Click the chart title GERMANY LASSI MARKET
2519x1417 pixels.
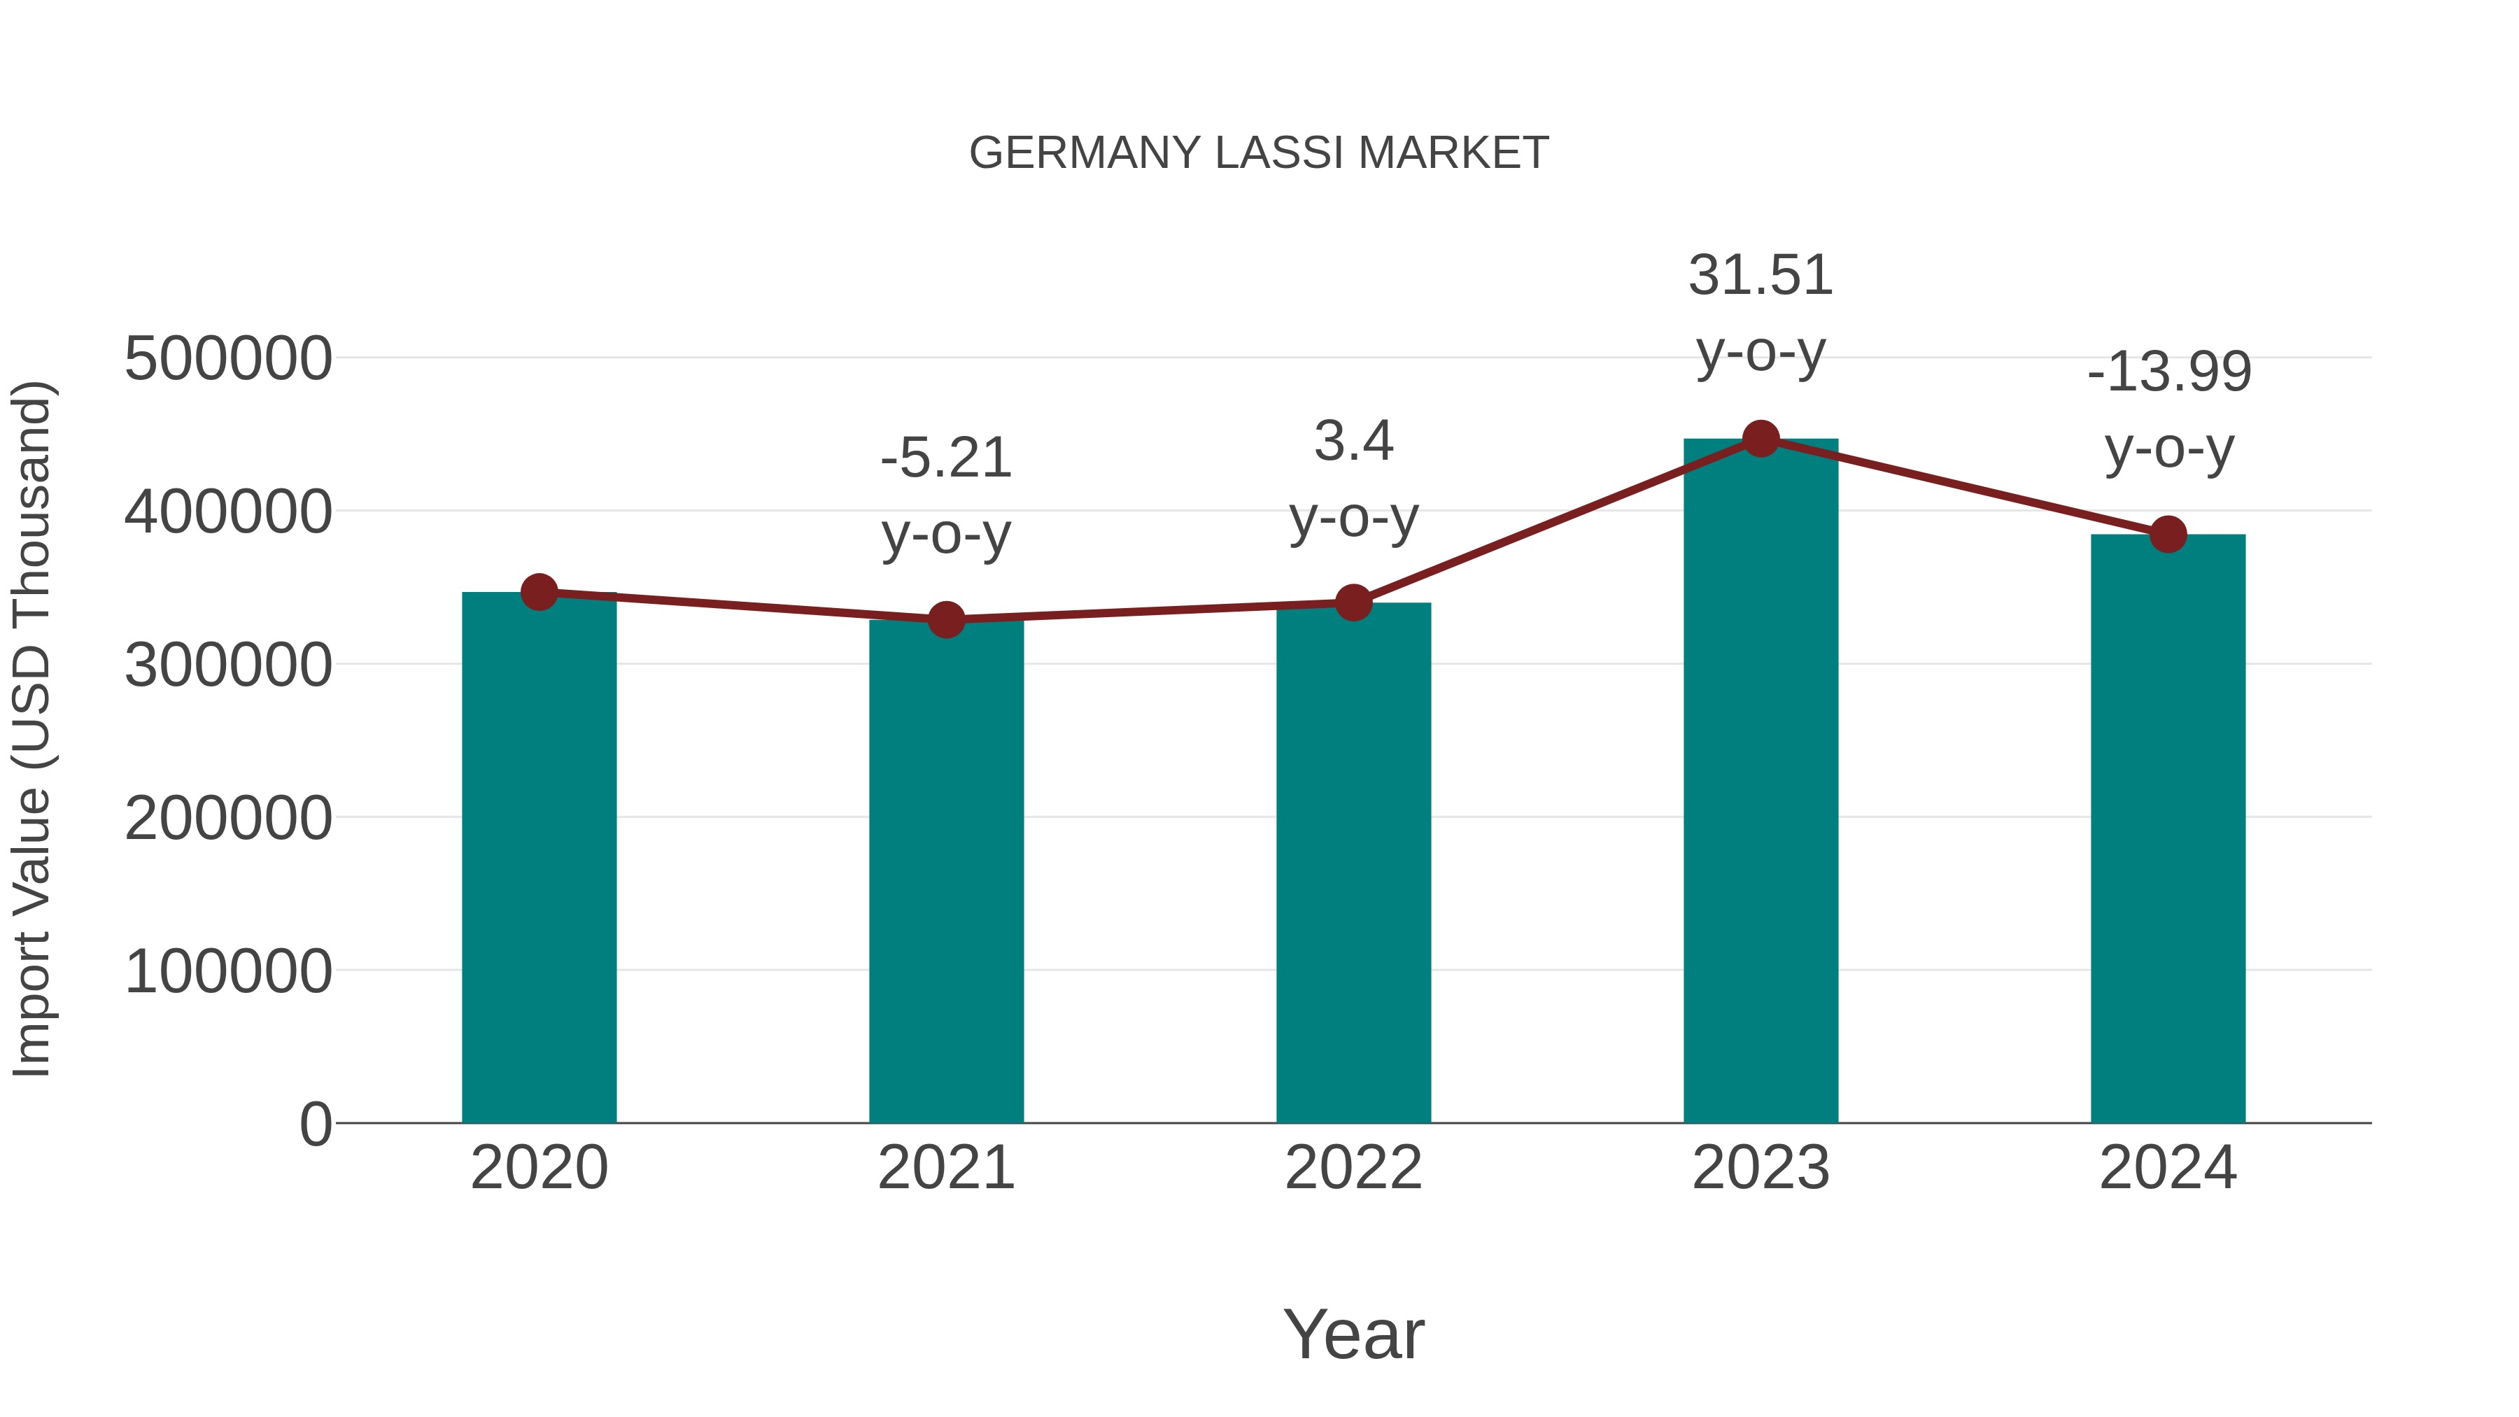click(x=1259, y=153)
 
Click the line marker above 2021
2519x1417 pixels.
click(x=945, y=619)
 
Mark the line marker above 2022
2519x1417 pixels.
click(x=1353, y=602)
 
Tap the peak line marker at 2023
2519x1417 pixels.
click(x=1761, y=439)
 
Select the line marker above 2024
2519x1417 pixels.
click(x=2168, y=534)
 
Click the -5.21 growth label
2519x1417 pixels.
click(x=945, y=458)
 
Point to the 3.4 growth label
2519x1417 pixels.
click(x=1353, y=441)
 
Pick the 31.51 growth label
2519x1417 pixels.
click(x=1761, y=276)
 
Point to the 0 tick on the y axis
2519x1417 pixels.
click(x=315, y=1124)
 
